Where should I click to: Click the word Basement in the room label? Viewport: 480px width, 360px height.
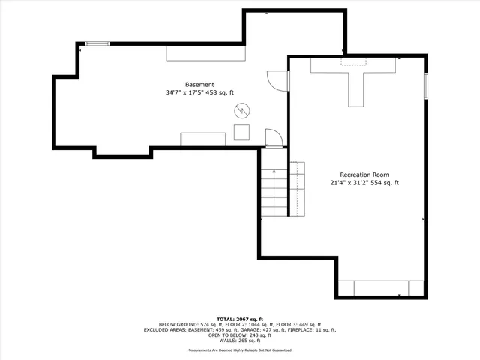(200, 84)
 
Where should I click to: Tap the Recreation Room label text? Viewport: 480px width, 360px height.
(364, 174)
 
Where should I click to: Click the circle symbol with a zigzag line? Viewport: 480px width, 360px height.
(241, 111)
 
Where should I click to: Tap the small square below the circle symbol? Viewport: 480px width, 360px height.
(241, 133)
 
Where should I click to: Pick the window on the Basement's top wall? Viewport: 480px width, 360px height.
(97, 43)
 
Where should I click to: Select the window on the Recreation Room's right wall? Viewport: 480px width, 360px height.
(426, 85)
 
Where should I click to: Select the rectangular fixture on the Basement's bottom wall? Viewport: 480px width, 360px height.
(203, 138)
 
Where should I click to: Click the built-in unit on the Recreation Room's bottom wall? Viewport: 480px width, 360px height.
(382, 288)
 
